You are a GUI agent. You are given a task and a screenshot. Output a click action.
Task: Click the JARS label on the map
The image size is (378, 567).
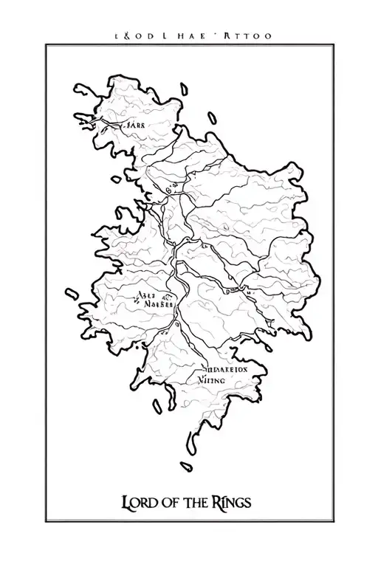pos(134,126)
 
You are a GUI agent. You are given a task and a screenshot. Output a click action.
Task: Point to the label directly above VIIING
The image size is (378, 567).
pos(226,365)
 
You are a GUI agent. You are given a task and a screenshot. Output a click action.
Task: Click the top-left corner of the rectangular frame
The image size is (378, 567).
pos(47,45)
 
